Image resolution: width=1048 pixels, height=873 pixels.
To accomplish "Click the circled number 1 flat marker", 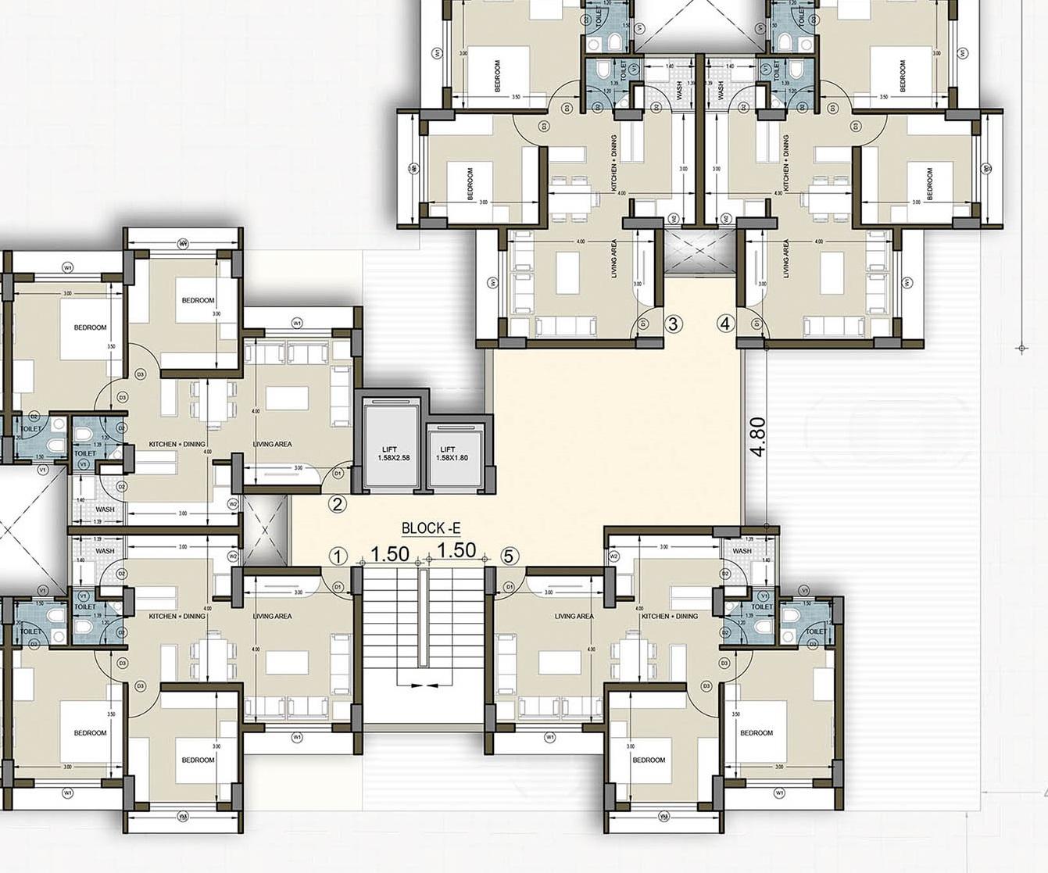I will pos(337,556).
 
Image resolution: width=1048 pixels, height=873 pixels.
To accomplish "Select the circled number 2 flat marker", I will pos(337,504).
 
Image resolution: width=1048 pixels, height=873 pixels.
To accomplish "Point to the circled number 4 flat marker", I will pos(726,323).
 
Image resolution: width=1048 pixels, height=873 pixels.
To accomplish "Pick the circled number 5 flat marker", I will pos(509,556).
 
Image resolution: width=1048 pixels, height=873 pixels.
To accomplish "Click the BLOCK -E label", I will pos(425,528).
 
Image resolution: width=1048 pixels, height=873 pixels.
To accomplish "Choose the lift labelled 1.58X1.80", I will pos(447,453).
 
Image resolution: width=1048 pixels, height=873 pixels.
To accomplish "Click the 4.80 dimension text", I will pos(757,438).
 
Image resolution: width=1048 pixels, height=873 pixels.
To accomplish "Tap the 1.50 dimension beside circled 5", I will pos(457,550).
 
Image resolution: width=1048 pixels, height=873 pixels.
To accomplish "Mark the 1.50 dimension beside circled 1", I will pos(390,553).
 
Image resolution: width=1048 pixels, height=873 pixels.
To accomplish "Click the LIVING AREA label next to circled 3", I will pos(614,258).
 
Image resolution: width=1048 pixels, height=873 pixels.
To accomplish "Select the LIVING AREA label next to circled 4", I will pos(785,258).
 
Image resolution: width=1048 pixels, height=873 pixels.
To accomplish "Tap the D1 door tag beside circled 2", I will pos(338,473).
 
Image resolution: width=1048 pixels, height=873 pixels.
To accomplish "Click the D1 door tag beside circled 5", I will pos(510,586).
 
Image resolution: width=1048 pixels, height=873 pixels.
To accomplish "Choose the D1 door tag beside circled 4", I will pos(755,323).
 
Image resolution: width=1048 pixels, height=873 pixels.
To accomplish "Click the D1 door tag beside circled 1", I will pos(338,586).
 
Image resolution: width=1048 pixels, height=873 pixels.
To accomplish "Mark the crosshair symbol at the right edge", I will pos(1021,348).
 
